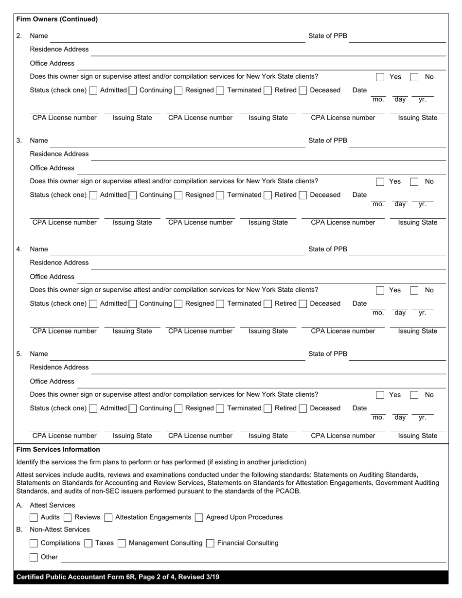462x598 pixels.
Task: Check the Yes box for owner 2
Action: pos(380,77)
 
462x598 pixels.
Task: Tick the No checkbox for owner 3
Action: pos(414,182)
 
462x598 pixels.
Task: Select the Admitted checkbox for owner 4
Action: pos(93,304)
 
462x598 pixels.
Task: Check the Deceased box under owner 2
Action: pos(303,90)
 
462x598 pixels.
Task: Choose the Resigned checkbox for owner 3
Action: pos(178,195)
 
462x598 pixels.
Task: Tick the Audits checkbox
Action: pos(34,518)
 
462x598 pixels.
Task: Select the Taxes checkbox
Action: pos(89,543)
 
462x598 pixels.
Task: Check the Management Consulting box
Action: pos(122,543)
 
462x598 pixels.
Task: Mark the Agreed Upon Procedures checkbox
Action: pos(199,518)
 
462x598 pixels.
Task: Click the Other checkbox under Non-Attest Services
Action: pos(34,557)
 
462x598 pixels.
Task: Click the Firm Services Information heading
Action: pos(58,450)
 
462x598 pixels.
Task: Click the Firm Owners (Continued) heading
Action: pos(57,19)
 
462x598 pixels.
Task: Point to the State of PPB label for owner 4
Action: pos(328,249)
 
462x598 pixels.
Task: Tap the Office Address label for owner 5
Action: pos(52,382)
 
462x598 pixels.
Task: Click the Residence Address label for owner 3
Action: pos(59,154)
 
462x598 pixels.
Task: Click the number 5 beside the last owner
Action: pos(19,354)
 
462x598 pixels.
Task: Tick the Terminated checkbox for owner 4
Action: pos(220,304)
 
